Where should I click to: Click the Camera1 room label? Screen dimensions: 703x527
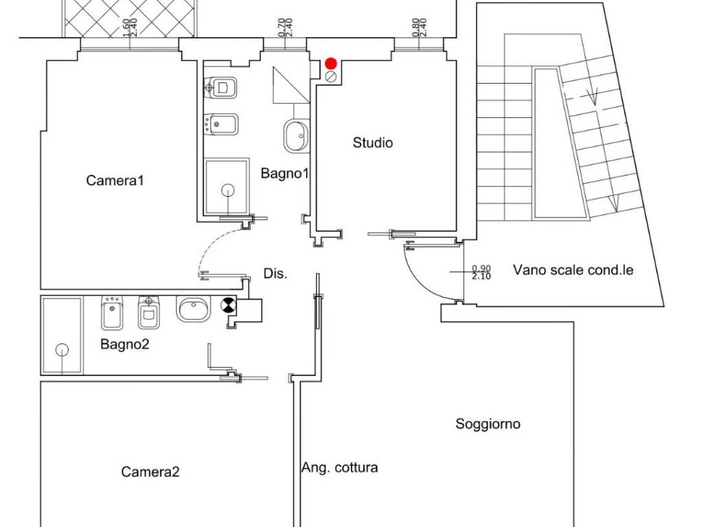click(115, 180)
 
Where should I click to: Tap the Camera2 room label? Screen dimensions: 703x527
click(150, 472)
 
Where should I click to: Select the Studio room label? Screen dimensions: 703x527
click(373, 143)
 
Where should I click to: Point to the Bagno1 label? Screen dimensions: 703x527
click(285, 174)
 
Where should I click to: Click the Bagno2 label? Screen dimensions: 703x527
click(125, 344)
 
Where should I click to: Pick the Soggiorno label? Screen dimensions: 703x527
click(488, 424)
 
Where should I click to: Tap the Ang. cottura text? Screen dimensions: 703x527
click(339, 468)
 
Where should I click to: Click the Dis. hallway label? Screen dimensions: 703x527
click(275, 274)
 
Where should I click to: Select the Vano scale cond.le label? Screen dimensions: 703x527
click(573, 270)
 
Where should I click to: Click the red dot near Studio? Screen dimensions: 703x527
click(331, 63)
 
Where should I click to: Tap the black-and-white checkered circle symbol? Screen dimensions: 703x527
click(228, 305)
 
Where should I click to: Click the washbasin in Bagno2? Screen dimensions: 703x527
click(193, 309)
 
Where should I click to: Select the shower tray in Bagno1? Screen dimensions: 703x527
click(227, 187)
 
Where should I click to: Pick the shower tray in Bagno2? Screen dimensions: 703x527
click(62, 335)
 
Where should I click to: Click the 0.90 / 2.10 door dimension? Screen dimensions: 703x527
click(481, 272)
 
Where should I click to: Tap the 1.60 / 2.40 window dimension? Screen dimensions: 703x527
click(129, 27)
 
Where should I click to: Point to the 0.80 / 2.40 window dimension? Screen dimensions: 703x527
click(419, 27)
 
